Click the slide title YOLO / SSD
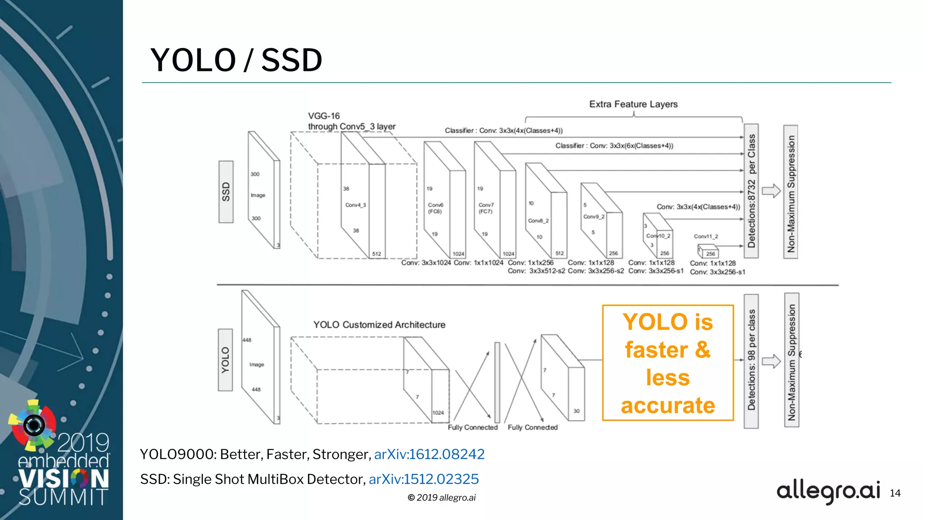pyautogui.click(x=236, y=60)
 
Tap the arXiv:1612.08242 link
pyautogui.click(x=429, y=454)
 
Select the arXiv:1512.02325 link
pyautogui.click(x=424, y=479)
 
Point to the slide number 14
pyautogui.click(x=895, y=493)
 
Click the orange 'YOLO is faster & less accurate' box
pyautogui.click(x=668, y=363)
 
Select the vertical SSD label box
pyautogui.click(x=226, y=192)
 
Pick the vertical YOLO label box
pyautogui.click(x=225, y=360)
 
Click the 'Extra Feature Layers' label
pyautogui.click(x=633, y=104)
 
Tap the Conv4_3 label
pyautogui.click(x=355, y=205)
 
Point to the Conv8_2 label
pyautogui.click(x=538, y=221)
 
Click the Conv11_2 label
pyautogui.click(x=705, y=237)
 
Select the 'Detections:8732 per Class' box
pyautogui.click(x=751, y=191)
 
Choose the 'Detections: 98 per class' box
pyautogui.click(x=751, y=361)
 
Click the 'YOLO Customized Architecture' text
pyautogui.click(x=379, y=325)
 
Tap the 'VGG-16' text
pyautogui.click(x=324, y=116)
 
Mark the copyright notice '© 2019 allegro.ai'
pyautogui.click(x=441, y=497)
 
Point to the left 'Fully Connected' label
pyautogui.click(x=472, y=427)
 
